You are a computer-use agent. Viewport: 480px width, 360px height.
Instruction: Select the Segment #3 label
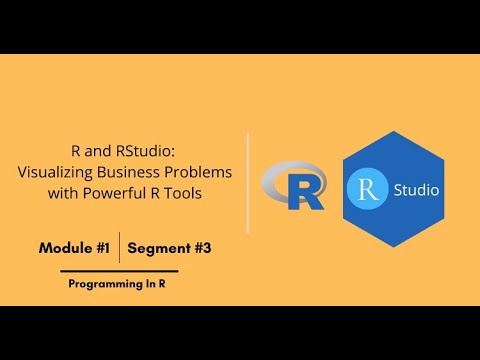(x=169, y=247)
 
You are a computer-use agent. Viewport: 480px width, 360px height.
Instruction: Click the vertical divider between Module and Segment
(x=120, y=247)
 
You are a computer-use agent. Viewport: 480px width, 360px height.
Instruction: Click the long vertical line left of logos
(x=248, y=184)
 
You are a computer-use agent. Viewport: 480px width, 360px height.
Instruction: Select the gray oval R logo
(x=292, y=186)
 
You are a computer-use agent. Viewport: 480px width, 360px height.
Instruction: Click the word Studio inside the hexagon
(x=415, y=188)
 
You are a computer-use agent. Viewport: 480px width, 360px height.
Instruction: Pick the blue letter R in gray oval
(x=303, y=190)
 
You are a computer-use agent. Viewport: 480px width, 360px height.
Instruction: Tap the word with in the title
(x=66, y=193)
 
